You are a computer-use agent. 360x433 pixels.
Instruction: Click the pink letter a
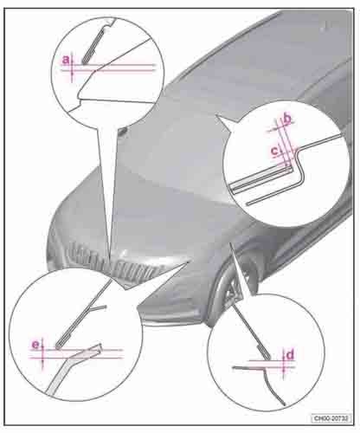tap(66, 60)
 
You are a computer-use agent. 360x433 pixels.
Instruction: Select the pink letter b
tap(287, 119)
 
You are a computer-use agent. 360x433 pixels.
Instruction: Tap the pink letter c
tap(275, 151)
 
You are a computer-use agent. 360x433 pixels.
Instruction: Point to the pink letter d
tap(290, 355)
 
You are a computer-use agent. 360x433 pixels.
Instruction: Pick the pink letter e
tap(35, 345)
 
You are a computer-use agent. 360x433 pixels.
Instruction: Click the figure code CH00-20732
tap(331, 418)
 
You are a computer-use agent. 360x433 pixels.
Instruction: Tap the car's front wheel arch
tap(231, 284)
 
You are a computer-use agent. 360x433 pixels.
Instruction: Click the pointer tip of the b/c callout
tap(215, 115)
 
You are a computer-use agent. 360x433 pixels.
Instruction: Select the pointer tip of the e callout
tap(189, 260)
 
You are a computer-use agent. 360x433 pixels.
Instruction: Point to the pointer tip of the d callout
tap(230, 243)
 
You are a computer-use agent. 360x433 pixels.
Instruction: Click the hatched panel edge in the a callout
tap(93, 46)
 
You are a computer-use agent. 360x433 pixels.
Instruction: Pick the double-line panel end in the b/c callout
tap(261, 178)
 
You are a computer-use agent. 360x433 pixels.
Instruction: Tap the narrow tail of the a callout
tap(108, 188)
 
